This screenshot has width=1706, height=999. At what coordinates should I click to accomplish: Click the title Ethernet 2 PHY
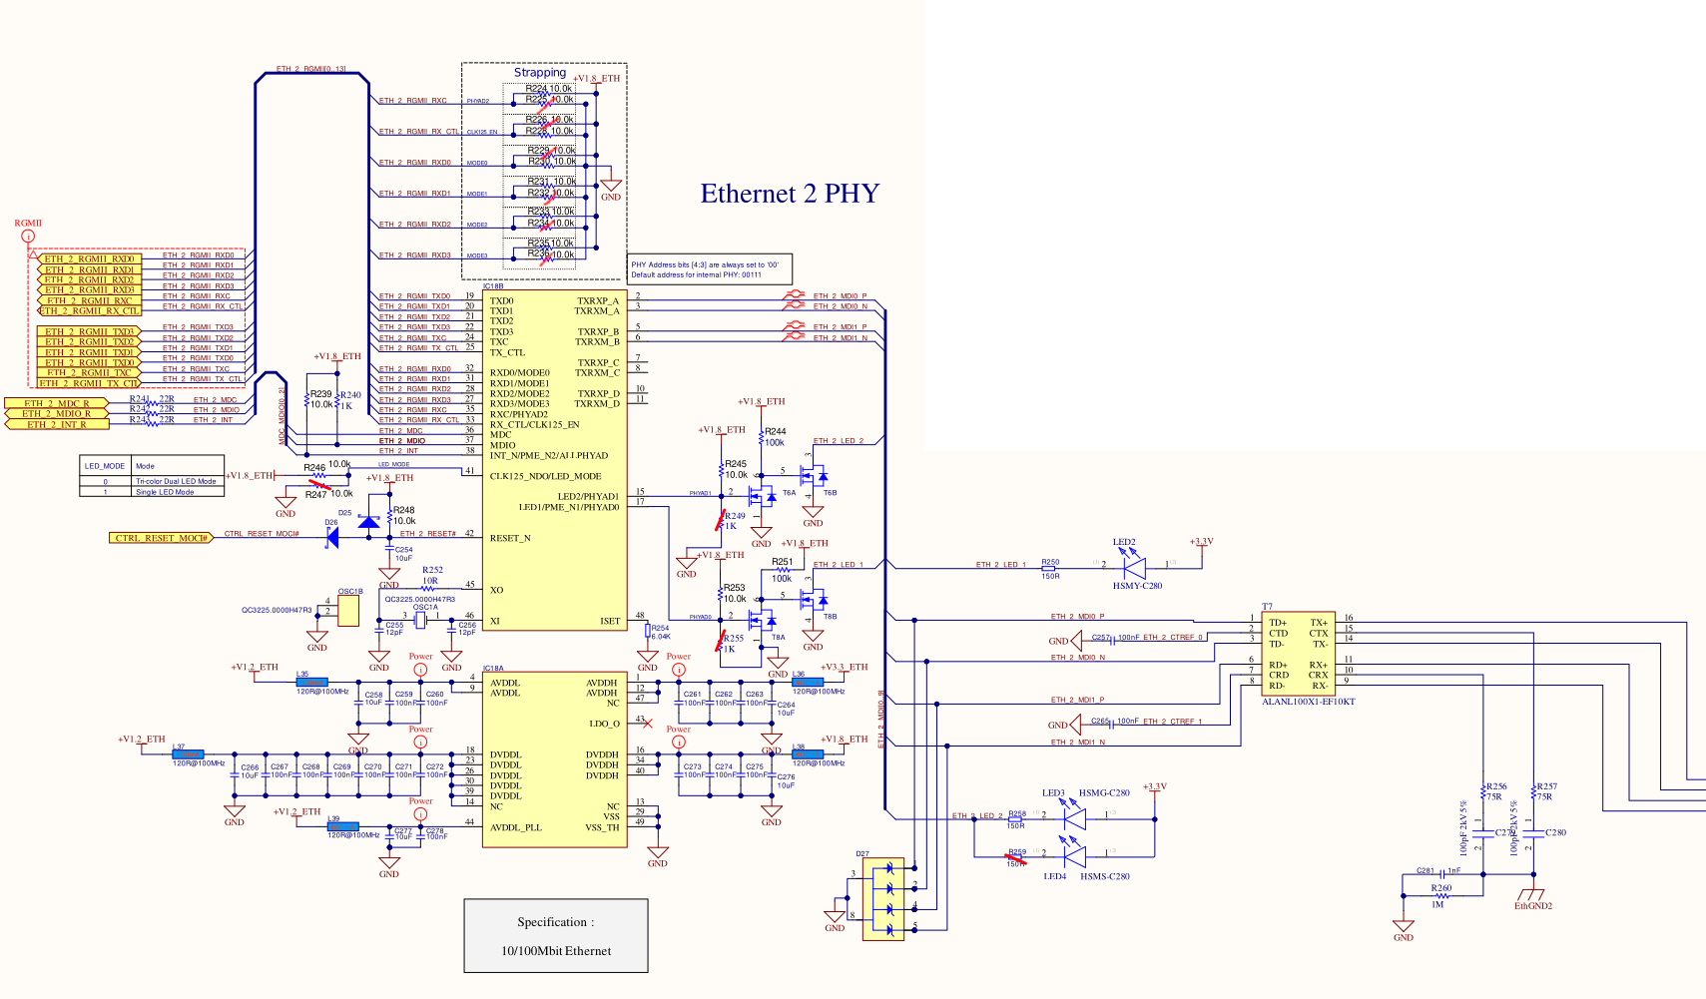coord(790,194)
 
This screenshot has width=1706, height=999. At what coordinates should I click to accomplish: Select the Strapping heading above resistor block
coord(540,72)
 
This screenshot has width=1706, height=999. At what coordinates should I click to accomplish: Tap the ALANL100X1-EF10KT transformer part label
coord(1308,702)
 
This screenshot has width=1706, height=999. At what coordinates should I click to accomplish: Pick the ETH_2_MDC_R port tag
coord(57,403)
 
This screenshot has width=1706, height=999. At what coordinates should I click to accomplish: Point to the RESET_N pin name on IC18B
coord(510,538)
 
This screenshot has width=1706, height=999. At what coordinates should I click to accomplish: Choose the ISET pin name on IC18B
coord(609,621)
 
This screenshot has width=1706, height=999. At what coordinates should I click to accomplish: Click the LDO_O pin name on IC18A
coord(604,724)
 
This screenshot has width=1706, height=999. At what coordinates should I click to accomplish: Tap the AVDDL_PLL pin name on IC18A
coord(516,827)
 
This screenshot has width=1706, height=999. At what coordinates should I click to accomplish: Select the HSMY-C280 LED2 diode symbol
coord(1133,567)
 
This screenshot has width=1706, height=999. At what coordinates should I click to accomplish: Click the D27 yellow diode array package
coord(882,899)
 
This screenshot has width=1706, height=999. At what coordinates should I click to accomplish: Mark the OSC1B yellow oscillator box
coord(348,612)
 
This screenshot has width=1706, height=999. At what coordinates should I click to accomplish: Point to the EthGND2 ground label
coord(1532,906)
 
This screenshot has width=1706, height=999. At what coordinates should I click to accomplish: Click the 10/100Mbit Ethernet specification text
coord(556,951)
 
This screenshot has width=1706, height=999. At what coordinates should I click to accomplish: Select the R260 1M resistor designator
coord(1440,887)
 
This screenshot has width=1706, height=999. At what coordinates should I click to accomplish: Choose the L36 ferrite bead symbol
coord(800,683)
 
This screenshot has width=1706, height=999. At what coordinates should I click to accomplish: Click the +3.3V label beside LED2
coord(1201,542)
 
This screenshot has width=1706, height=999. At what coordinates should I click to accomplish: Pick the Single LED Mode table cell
coord(165,492)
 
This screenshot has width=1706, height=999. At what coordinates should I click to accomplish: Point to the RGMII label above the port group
coord(28,224)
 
